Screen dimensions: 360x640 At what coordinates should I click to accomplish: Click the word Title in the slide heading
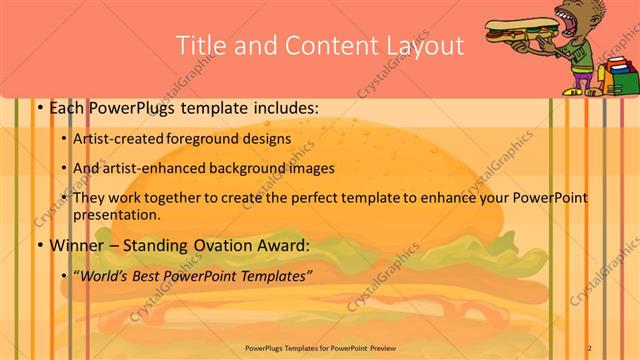tap(201, 45)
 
